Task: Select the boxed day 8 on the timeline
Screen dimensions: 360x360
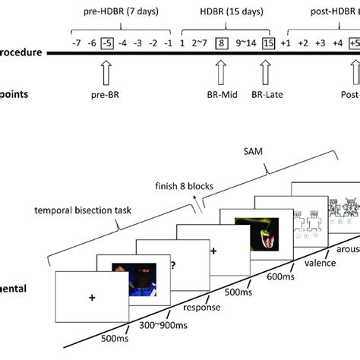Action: [x=221, y=43]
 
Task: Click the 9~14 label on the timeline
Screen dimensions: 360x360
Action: [x=243, y=43]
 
